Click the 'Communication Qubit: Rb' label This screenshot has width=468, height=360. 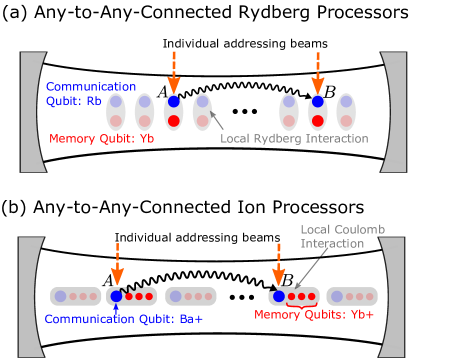[90, 94]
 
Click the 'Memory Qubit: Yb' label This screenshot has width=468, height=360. [101, 139]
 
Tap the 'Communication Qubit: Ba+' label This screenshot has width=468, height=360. [123, 319]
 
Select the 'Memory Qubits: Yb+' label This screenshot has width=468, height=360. [314, 315]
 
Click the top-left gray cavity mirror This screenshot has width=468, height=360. [31, 112]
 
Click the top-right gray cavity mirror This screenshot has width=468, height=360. [395, 112]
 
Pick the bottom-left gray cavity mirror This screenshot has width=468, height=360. [29, 297]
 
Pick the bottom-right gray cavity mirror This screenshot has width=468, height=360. [393, 297]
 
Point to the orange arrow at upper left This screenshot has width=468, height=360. [174, 73]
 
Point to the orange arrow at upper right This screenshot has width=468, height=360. [318, 73]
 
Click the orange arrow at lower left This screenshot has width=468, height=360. [117, 264]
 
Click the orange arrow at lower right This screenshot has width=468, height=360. [278, 264]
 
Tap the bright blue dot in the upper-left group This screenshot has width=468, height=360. [174, 101]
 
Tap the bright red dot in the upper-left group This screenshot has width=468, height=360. [174, 121]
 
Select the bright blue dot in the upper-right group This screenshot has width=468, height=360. [318, 101]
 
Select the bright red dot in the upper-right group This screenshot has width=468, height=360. [318, 121]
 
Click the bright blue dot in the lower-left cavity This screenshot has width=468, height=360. [116, 296]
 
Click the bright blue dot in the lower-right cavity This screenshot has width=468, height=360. [279, 296]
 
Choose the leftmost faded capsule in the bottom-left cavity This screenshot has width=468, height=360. [76, 296]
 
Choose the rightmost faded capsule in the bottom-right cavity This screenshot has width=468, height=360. [352, 296]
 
